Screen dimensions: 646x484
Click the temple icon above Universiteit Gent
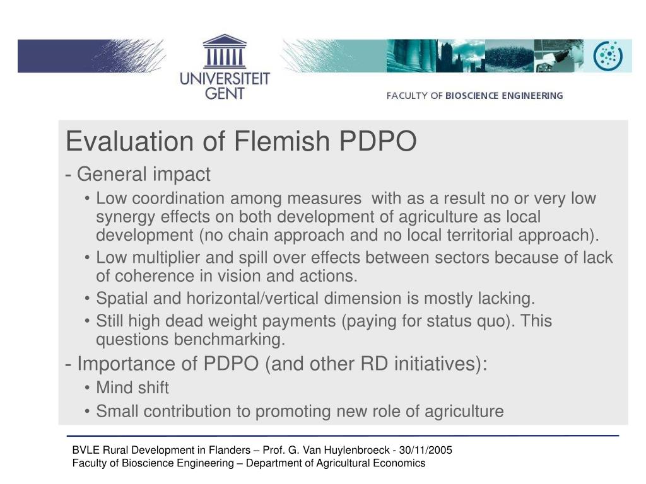[x=225, y=52]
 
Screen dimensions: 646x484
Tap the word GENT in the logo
[x=225, y=93]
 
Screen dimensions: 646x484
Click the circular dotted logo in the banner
[x=608, y=56]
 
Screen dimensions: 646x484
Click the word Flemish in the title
[x=282, y=141]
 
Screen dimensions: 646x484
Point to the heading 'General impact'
[x=144, y=174]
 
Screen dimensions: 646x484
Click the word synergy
[x=126, y=217]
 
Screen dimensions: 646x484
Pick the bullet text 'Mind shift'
[x=132, y=388]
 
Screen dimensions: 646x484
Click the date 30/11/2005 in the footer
[x=425, y=450]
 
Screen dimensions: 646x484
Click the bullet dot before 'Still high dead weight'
[x=87, y=321]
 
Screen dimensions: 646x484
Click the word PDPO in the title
[x=378, y=141]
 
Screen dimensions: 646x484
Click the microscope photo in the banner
[x=559, y=56]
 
